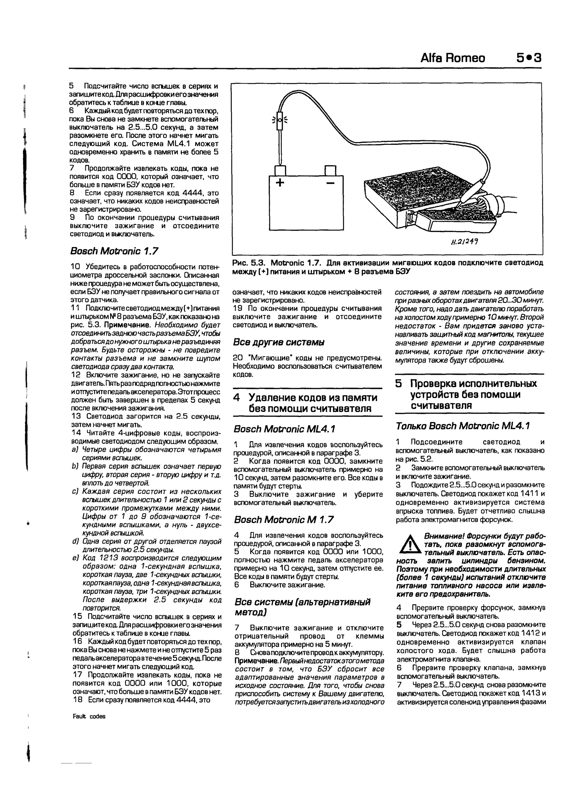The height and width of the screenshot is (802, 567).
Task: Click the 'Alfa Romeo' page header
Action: tap(453, 58)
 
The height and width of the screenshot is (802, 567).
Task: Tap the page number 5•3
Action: tap(529, 58)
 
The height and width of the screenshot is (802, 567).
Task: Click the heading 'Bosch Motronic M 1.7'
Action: tap(283, 520)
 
